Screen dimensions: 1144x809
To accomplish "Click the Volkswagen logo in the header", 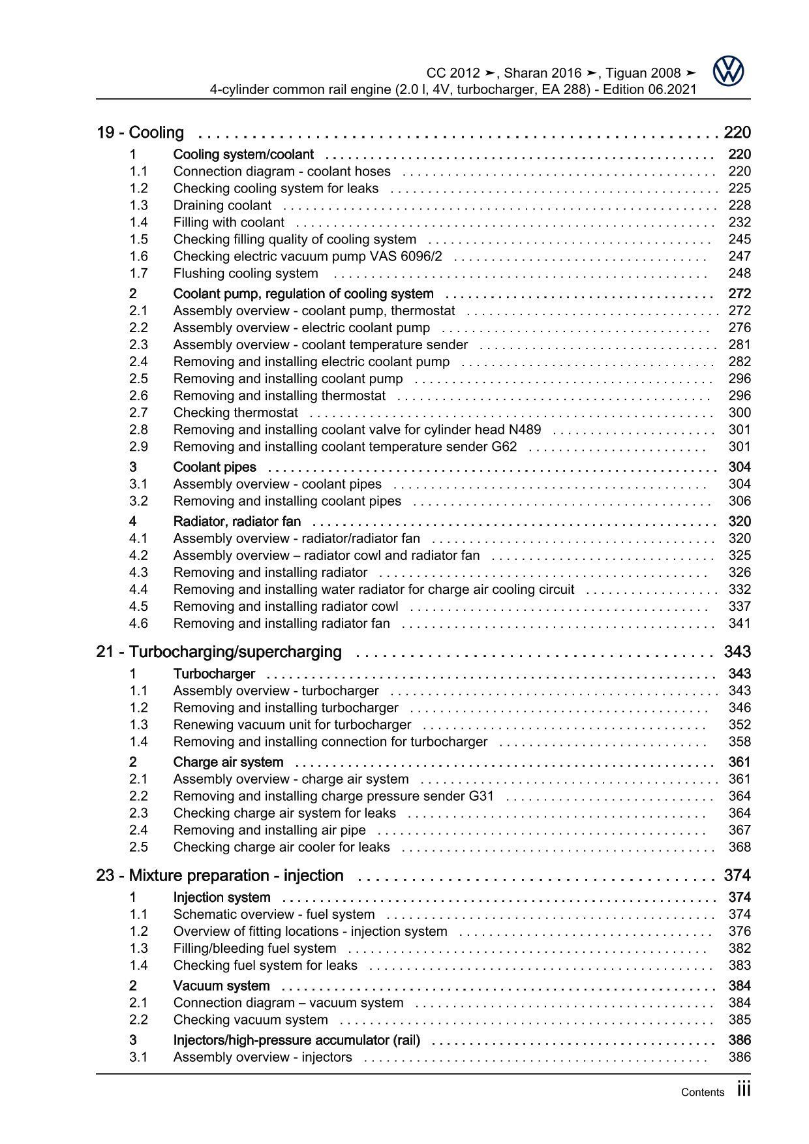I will [728, 71].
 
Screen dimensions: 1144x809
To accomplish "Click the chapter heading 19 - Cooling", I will [140, 133].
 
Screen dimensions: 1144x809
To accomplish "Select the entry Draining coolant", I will [222, 206].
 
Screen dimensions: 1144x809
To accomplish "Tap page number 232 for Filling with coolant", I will [739, 223].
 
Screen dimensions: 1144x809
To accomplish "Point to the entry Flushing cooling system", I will [245, 273].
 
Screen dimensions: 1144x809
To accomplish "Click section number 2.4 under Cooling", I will [138, 362].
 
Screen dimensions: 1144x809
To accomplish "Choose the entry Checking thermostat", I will [236, 413].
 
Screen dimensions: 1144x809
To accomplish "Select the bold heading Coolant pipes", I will [215, 467].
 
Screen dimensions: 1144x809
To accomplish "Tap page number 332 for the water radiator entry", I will [739, 590].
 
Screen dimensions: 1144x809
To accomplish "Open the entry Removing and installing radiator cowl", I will [285, 607].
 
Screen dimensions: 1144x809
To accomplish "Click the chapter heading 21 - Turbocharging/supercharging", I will [219, 652].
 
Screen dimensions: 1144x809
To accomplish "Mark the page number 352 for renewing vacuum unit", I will [739, 725].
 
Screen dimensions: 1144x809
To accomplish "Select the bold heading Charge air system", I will [228, 762].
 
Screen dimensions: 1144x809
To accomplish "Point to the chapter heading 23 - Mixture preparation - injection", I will [220, 876].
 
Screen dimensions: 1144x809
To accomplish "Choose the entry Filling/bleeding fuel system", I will [254, 949].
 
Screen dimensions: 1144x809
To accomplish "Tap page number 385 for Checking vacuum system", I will [739, 1020].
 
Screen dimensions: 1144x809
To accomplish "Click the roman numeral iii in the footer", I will [743, 1089].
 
